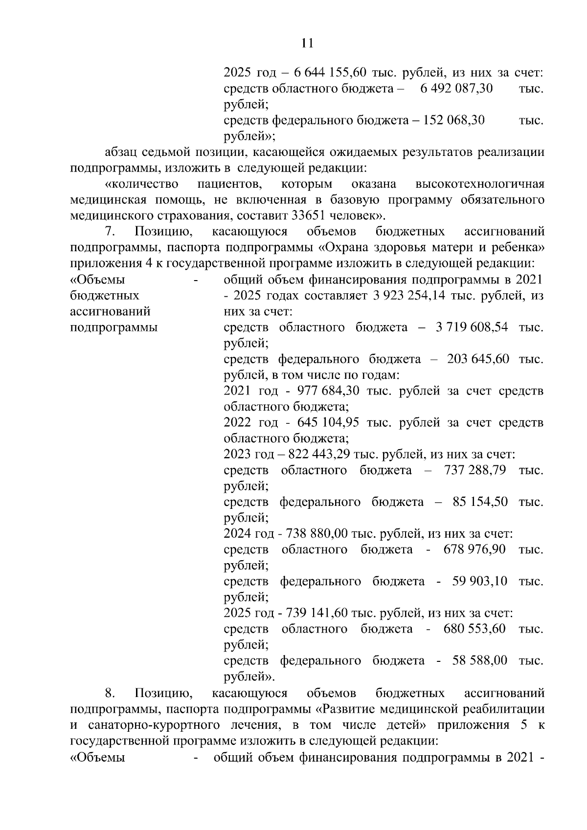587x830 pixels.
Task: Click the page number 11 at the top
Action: (307, 44)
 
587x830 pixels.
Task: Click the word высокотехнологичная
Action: (479, 184)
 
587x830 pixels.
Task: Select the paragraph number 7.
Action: (110, 231)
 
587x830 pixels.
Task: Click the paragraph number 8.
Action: (110, 693)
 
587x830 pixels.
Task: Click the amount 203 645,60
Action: (478, 359)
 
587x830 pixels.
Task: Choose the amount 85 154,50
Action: (480, 502)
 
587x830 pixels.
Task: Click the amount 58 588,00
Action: (480, 661)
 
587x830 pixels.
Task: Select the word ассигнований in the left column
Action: (110, 311)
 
